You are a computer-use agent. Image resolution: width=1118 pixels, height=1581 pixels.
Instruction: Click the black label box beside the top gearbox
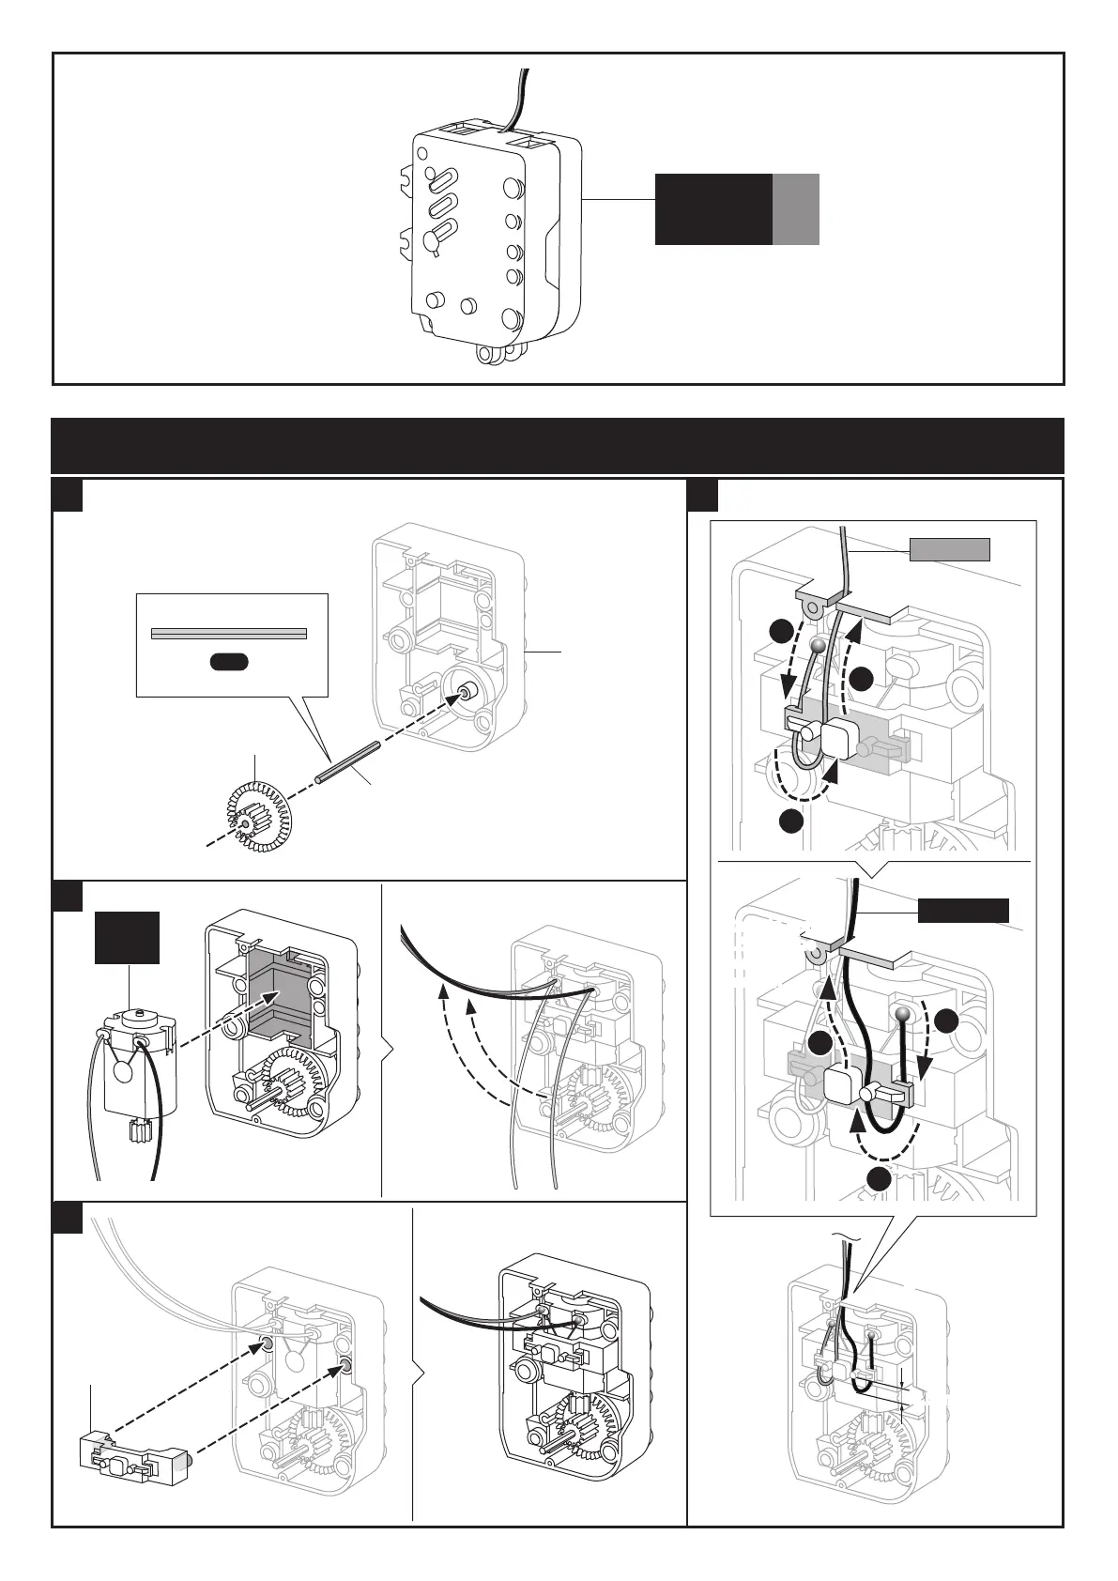712,208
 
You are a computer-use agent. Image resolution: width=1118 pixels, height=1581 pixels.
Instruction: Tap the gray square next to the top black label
796,208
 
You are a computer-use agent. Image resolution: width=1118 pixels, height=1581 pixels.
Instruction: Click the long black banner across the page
558,446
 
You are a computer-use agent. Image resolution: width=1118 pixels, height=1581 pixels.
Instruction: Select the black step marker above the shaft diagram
67,495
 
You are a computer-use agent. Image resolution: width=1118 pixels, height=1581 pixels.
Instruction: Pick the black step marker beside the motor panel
67,896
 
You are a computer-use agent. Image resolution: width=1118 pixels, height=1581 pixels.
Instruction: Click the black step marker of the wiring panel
703,495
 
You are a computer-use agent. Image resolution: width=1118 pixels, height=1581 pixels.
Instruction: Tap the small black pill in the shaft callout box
229,662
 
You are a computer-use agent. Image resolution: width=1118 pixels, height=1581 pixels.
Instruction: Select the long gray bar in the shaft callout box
229,634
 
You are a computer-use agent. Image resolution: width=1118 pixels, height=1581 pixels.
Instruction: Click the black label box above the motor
127,937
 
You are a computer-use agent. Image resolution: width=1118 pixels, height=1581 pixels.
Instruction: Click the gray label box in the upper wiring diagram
949,549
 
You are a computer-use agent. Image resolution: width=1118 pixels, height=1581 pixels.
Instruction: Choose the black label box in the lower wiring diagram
962,910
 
